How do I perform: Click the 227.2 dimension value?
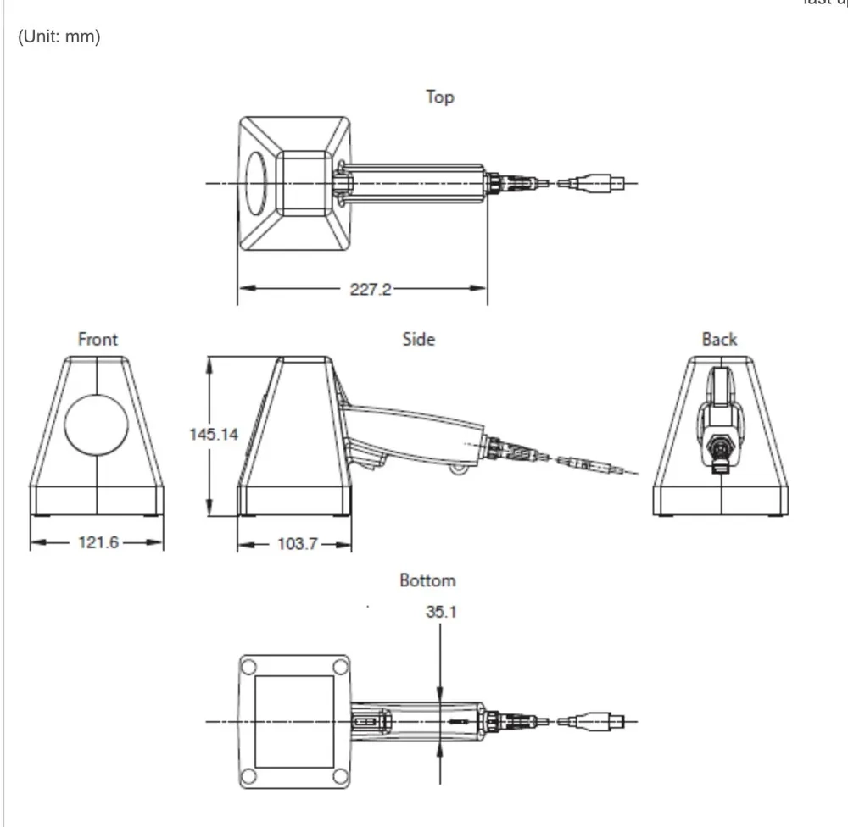click(371, 289)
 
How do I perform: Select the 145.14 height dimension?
click(213, 434)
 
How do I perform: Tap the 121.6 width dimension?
click(98, 542)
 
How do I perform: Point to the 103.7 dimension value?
click(297, 543)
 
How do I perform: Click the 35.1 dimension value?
click(441, 611)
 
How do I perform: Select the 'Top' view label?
click(439, 97)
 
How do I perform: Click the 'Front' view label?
click(98, 339)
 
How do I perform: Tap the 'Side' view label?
click(418, 339)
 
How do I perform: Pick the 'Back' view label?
click(719, 339)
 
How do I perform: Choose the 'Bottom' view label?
click(427, 580)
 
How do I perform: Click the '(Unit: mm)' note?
click(59, 39)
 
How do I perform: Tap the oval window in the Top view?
click(256, 183)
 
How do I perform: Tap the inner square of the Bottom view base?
click(294, 721)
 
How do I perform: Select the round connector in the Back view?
click(719, 442)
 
